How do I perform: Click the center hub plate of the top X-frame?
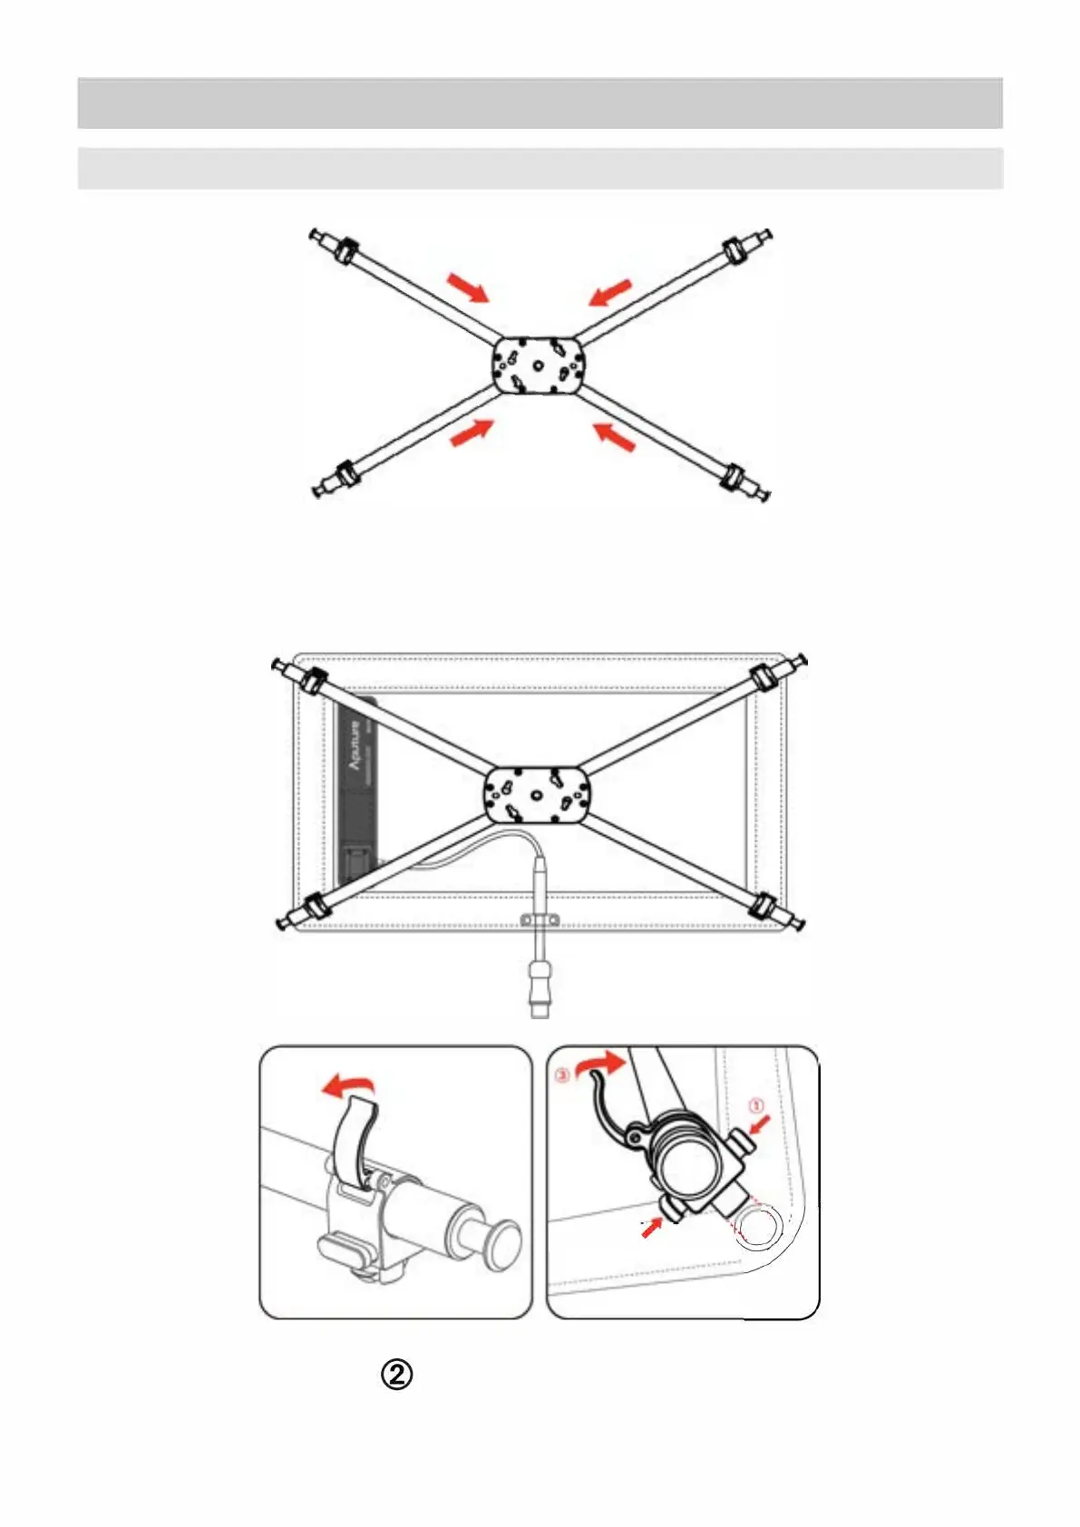(539, 365)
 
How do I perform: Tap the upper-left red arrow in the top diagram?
(468, 287)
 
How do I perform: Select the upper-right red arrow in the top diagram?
(609, 292)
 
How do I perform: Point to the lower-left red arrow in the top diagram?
(472, 433)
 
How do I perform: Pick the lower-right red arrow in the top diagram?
(613, 437)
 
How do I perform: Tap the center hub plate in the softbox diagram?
(538, 794)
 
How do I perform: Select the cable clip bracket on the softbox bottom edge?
(540, 921)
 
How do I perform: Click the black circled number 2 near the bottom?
(397, 1375)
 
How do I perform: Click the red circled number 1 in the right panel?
(756, 1105)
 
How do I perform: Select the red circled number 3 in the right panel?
(562, 1075)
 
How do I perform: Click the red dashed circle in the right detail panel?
(757, 1228)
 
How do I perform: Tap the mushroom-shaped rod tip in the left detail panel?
(501, 1242)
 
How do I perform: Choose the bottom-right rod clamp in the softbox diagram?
(764, 904)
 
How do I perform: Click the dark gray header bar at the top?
(540, 103)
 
